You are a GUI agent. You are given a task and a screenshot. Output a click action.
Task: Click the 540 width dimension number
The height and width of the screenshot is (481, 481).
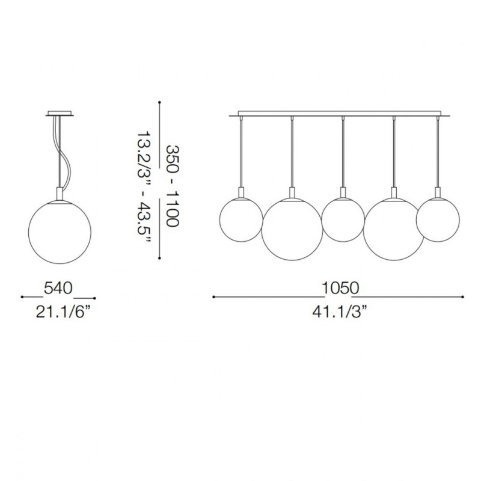pos(58,289)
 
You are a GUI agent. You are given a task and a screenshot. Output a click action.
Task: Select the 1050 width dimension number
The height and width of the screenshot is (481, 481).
pos(339,289)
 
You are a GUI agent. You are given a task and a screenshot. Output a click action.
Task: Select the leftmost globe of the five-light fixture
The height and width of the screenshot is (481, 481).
pos(240,219)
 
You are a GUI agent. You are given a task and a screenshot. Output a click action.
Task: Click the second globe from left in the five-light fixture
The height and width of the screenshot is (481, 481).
pos(291,227)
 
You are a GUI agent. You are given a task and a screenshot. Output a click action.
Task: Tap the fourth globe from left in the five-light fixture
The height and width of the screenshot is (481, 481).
pos(394,227)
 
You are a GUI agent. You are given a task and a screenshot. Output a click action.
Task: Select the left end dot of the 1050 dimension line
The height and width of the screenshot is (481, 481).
pos(214,296)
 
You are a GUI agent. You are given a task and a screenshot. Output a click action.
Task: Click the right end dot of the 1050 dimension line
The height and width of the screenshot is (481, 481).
pos(464,296)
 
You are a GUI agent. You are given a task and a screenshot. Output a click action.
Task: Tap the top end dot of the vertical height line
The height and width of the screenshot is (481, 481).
pos(159,101)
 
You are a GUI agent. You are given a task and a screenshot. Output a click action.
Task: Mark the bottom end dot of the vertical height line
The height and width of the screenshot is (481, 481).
pos(159,259)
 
